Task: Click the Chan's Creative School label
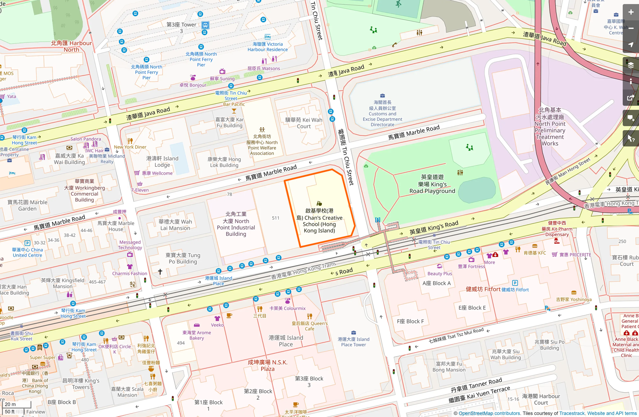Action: click(319, 221)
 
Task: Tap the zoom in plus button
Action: click(631, 12)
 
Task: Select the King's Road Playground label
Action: click(432, 184)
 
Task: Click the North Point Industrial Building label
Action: click(236, 224)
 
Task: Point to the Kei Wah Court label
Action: click(304, 123)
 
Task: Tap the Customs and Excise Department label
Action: click(382, 113)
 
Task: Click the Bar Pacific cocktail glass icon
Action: click(234, 111)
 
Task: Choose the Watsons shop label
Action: click(264, 68)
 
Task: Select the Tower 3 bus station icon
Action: click(205, 25)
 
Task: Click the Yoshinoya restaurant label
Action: click(574, 299)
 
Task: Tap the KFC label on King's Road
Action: click(535, 253)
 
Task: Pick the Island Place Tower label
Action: click(353, 342)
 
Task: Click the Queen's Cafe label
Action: click(309, 326)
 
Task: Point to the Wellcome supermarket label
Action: click(157, 173)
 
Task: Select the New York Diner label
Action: click(130, 147)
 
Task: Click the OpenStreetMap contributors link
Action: click(489, 413)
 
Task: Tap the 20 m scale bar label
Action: click(10, 404)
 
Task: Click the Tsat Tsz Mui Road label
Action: click(456, 335)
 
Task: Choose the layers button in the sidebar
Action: click(631, 65)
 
